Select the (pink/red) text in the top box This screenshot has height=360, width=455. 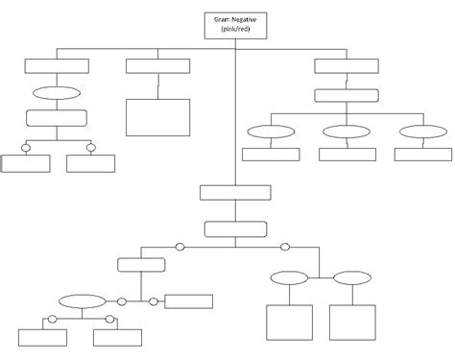(235, 30)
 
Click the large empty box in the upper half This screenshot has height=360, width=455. (157, 118)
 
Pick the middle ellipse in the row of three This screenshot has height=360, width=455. (346, 132)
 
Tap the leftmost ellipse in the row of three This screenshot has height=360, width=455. (270, 132)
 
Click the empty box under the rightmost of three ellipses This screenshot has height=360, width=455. (421, 154)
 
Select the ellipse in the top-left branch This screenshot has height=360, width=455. (57, 94)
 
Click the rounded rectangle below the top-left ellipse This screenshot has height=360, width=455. (56, 118)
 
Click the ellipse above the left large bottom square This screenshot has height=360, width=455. (289, 278)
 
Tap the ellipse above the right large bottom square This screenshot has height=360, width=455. (352, 278)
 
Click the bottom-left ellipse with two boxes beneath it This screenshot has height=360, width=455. (80, 300)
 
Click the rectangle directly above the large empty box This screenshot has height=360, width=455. (157, 66)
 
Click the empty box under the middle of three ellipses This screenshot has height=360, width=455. (347, 154)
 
